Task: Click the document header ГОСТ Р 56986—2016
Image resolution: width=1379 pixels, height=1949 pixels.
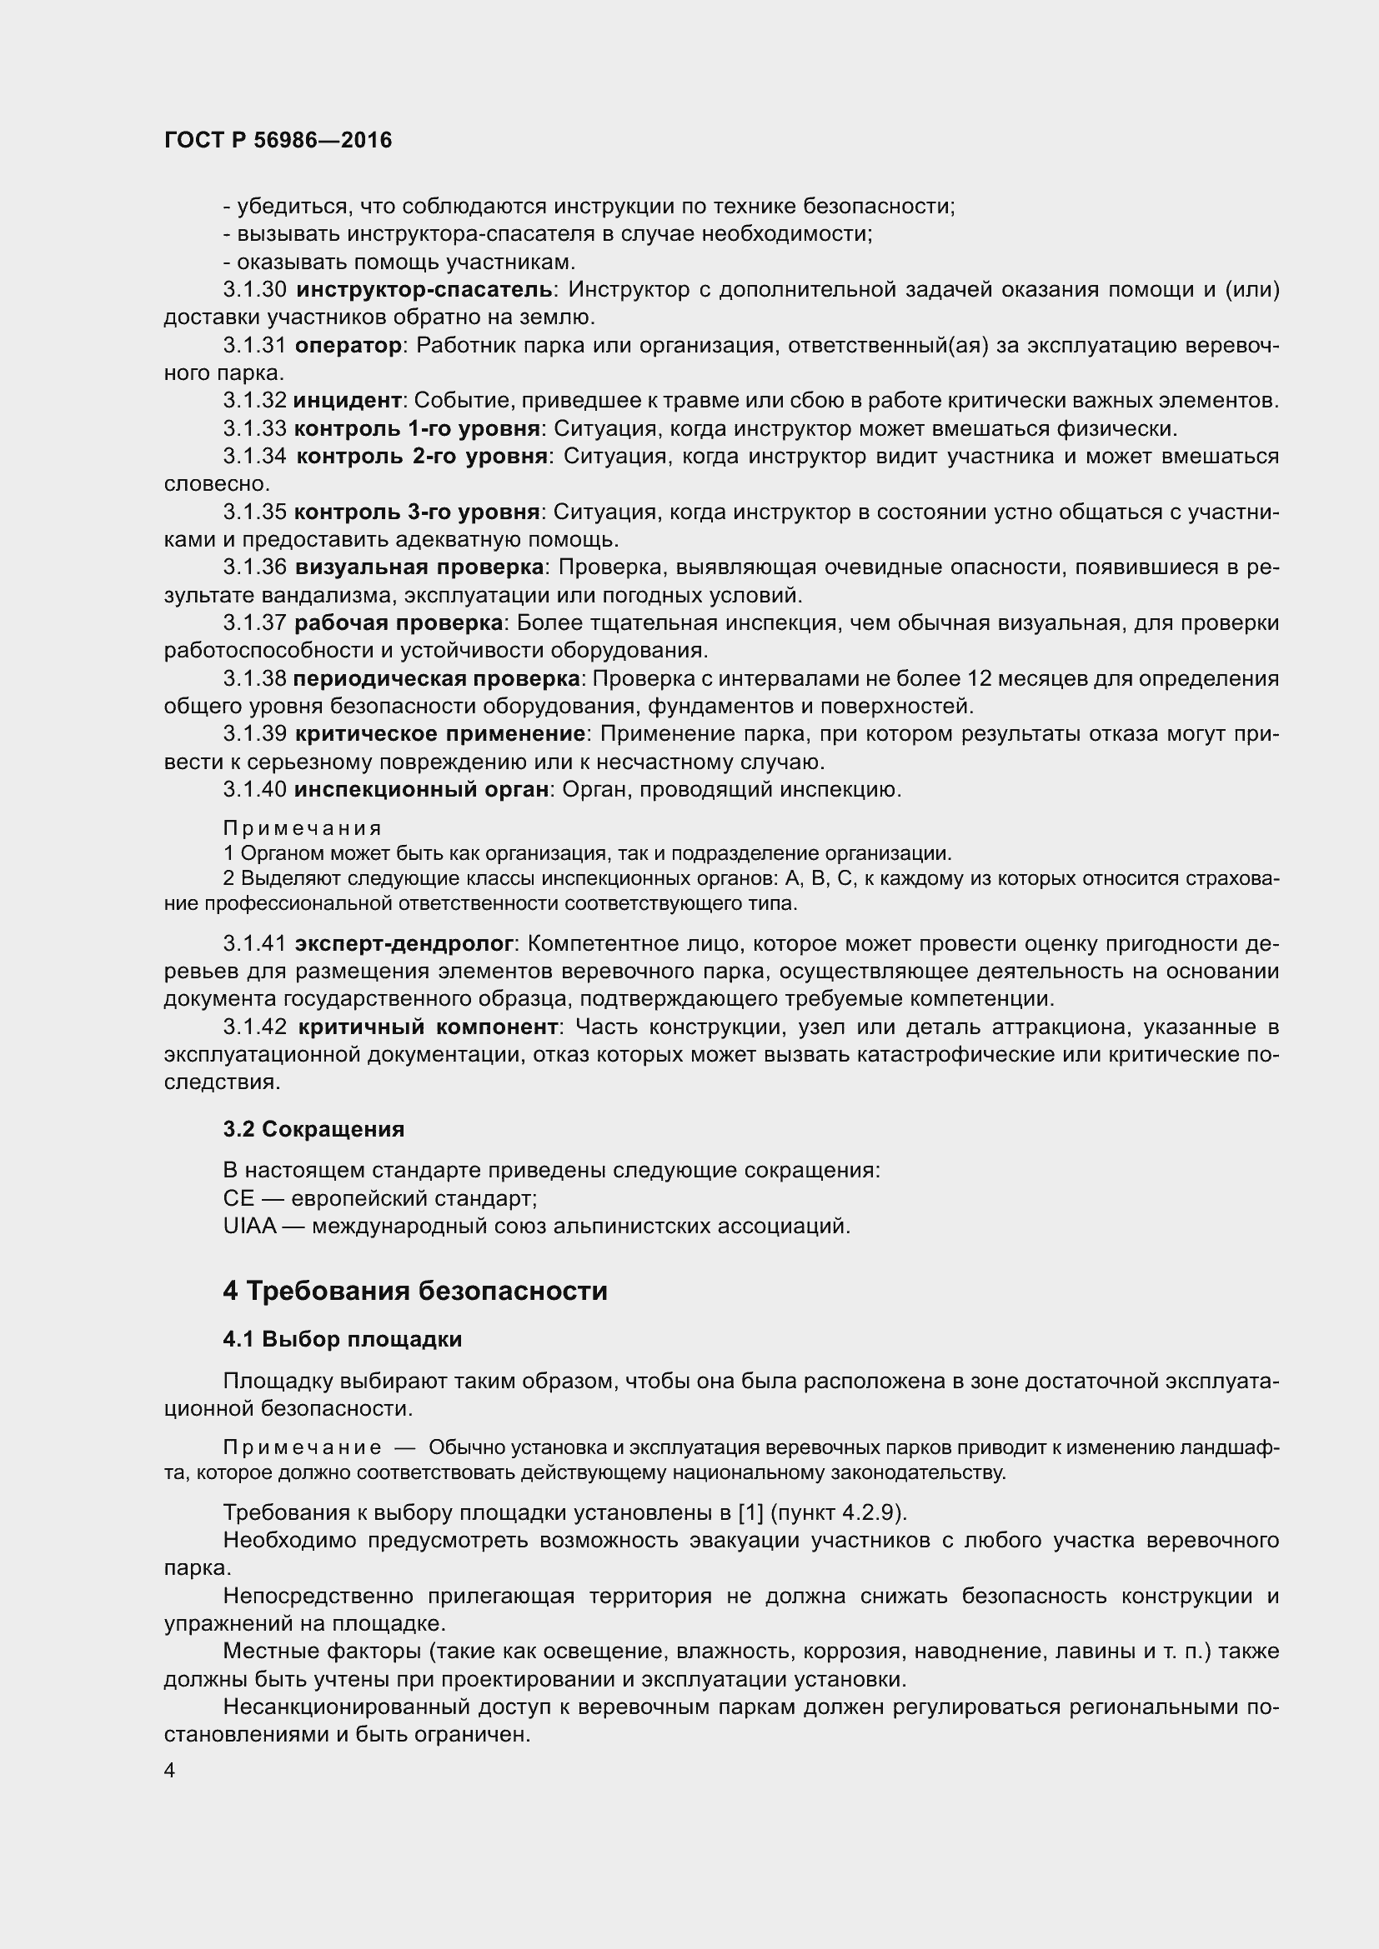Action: click(278, 140)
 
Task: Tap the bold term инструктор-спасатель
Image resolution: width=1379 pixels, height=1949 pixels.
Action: click(424, 290)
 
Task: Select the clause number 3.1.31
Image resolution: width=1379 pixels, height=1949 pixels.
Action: click(255, 346)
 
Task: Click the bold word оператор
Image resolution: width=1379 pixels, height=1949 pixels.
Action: click(348, 346)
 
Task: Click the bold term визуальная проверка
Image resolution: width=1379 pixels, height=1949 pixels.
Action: click(419, 567)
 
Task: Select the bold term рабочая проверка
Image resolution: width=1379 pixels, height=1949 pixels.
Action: click(399, 623)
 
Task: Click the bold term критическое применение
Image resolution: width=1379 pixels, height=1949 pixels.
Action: click(440, 733)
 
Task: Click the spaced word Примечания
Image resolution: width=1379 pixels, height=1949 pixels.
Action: click(303, 827)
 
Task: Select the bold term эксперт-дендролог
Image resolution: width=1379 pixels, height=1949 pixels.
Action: click(404, 943)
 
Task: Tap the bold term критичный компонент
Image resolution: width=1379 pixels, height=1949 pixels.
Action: click(427, 1027)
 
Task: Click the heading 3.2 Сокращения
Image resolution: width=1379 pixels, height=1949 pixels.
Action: click(313, 1129)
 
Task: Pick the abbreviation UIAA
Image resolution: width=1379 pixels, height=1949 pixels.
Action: click(249, 1226)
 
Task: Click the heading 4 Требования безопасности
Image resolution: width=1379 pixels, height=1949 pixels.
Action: click(414, 1291)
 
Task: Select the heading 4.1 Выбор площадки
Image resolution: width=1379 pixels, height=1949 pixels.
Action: click(342, 1340)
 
